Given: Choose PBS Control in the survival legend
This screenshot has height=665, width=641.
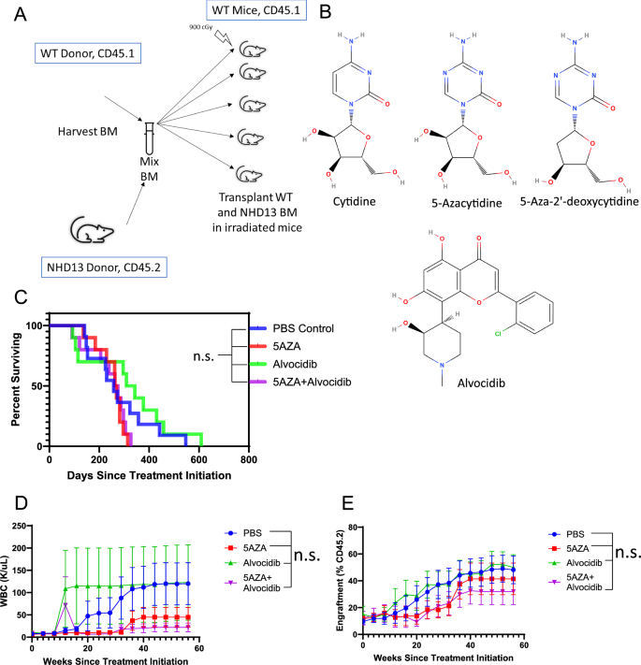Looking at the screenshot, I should click(x=316, y=328).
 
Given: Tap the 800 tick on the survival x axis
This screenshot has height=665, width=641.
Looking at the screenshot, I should click(x=248, y=461).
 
